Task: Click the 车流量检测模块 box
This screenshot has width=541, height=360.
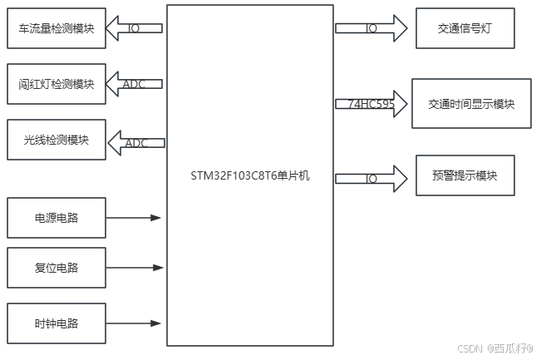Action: (x=57, y=29)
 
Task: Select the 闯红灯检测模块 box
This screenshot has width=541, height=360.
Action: (x=57, y=84)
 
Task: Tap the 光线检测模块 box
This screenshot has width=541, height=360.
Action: (x=57, y=141)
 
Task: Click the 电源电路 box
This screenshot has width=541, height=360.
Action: (x=57, y=218)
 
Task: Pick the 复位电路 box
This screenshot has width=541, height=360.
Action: (x=57, y=269)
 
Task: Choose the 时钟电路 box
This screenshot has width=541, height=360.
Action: (x=57, y=323)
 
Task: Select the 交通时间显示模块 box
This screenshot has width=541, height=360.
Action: (x=471, y=104)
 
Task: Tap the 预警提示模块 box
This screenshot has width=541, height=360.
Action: (x=465, y=175)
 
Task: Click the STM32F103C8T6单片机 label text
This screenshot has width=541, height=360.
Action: (x=250, y=176)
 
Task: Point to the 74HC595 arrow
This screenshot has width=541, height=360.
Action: (x=371, y=104)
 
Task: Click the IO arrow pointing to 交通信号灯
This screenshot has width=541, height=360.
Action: (x=371, y=28)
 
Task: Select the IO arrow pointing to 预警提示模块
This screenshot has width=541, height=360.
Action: (x=371, y=178)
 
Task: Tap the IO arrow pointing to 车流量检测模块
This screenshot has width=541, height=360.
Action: (x=135, y=28)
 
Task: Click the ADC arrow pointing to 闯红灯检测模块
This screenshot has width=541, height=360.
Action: (x=135, y=84)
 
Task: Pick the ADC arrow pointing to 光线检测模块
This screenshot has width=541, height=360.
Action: (x=135, y=142)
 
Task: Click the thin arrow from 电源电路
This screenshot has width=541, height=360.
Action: (x=134, y=218)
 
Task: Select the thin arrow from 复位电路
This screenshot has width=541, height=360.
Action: (x=134, y=269)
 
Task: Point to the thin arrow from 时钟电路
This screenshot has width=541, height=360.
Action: (x=134, y=323)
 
